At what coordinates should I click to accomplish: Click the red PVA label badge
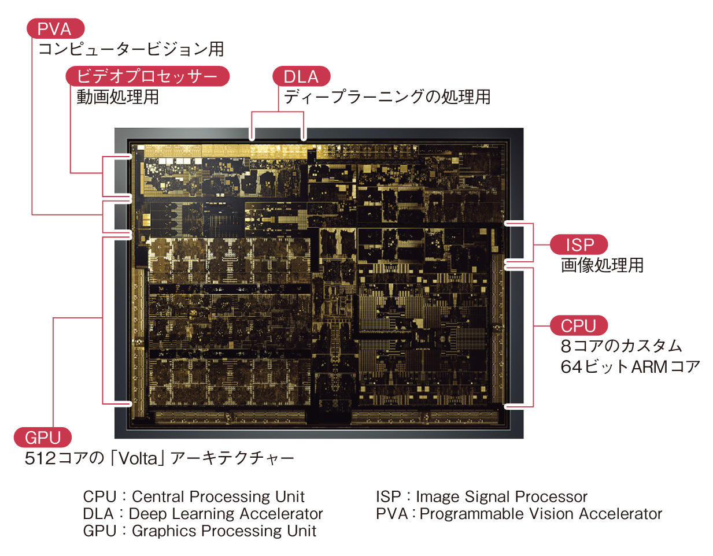click(55, 29)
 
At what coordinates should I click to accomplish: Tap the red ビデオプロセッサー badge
click(147, 76)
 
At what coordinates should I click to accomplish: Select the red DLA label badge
click(301, 76)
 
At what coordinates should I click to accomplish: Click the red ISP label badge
click(578, 244)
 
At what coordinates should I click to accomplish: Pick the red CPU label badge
click(578, 325)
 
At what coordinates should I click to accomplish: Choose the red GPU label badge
click(43, 438)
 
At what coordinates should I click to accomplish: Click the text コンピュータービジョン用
click(131, 49)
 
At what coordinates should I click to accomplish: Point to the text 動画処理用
click(117, 97)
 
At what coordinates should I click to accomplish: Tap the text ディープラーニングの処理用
click(387, 97)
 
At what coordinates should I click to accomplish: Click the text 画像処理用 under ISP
click(602, 265)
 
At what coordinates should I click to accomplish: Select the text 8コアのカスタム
click(621, 346)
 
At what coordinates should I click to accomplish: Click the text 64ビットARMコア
click(630, 367)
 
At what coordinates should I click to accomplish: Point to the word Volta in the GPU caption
click(138, 458)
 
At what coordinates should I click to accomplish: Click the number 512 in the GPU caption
click(40, 458)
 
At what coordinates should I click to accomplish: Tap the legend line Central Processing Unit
click(218, 496)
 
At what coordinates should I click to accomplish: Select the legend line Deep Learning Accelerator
click(226, 514)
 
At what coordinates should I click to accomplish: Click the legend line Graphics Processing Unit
click(224, 531)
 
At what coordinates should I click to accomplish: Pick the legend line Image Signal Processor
click(501, 496)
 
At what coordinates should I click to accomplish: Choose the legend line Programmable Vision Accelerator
click(541, 514)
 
